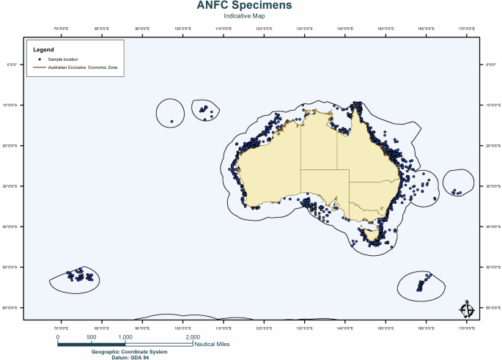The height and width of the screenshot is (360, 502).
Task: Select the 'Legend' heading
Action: (x=44, y=49)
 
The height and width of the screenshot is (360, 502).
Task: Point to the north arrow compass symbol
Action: (x=465, y=309)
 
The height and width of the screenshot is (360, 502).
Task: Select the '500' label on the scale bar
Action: (x=92, y=337)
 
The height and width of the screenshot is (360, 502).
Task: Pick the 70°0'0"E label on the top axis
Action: (x=60, y=30)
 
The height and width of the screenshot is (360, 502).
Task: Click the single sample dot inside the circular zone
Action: (x=171, y=122)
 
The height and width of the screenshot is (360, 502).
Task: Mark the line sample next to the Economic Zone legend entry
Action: (x=40, y=67)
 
